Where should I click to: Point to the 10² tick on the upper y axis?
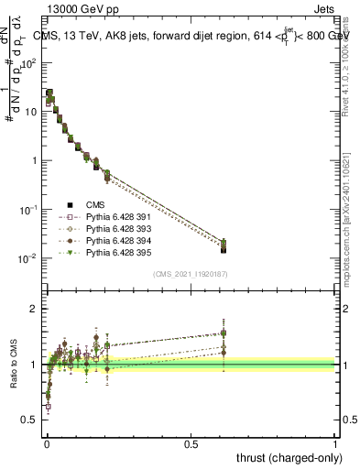click(x=31, y=62)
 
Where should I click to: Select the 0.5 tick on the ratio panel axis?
click(x=30, y=420)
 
